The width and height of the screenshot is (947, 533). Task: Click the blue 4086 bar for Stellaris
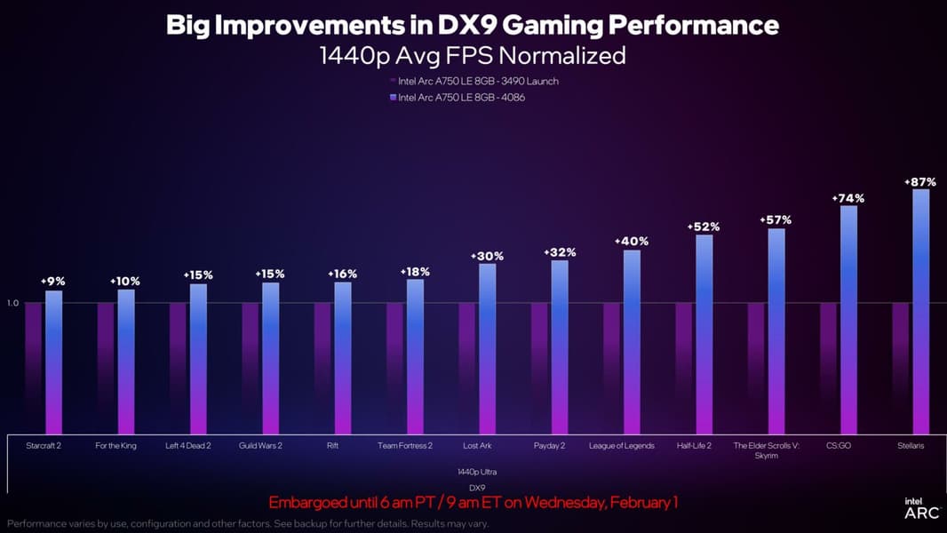point(921,311)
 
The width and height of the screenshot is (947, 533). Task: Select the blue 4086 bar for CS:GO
point(848,320)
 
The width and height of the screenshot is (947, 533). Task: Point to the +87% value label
point(920,181)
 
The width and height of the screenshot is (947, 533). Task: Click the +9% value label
point(53,281)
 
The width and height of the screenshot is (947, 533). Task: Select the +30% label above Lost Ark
point(488,256)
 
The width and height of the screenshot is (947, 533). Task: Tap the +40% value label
point(632,241)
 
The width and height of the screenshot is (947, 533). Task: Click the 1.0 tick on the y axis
point(12,303)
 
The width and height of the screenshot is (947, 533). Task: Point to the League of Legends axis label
point(622,445)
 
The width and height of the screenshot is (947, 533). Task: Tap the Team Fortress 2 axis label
point(405,445)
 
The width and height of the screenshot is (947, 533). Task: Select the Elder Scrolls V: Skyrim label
point(767,450)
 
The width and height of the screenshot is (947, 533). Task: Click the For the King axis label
point(116,445)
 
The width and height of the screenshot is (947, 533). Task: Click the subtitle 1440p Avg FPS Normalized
point(473,55)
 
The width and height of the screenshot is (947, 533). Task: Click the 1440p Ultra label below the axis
point(477,471)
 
